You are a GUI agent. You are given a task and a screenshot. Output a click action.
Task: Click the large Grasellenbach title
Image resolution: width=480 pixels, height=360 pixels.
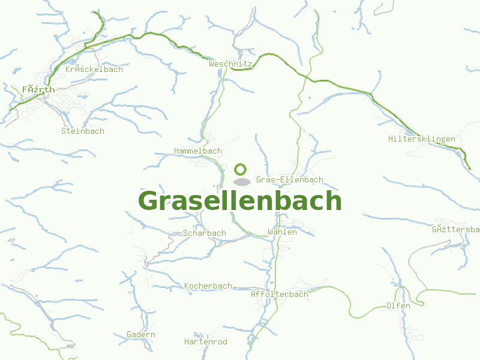[240, 201]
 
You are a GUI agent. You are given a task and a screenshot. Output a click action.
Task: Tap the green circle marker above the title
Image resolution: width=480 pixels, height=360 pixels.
[241, 169]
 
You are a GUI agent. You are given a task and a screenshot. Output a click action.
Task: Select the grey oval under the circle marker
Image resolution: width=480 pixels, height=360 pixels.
[241, 181]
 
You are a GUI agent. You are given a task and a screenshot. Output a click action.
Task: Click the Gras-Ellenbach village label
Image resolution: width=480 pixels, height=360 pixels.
[289, 179]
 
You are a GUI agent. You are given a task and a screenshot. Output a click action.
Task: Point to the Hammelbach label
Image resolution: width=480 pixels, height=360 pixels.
[197, 151]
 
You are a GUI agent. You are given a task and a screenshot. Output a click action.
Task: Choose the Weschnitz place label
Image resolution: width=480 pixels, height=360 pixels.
[231, 63]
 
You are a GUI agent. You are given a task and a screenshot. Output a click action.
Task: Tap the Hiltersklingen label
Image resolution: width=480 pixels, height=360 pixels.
[421, 139]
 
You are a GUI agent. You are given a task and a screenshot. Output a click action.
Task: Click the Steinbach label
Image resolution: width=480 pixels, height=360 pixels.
[82, 130]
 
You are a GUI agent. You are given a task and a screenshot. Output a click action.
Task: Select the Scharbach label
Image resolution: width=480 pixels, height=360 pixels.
[204, 233]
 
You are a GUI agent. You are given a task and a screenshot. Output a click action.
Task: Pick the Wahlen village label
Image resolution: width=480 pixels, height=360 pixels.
[282, 232]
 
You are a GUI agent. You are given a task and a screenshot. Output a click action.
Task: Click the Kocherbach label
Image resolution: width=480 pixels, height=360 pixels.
[208, 286]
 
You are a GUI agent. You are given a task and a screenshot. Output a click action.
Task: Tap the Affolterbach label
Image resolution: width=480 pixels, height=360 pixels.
[279, 294]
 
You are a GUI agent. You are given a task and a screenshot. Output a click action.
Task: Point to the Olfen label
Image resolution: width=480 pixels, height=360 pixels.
[398, 305]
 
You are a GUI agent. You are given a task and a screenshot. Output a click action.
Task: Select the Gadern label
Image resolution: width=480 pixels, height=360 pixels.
[140, 334]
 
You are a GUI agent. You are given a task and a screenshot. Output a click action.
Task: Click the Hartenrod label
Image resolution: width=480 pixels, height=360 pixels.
[205, 341]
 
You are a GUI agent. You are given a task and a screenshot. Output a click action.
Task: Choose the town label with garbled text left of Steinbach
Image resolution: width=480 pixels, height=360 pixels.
[38, 89]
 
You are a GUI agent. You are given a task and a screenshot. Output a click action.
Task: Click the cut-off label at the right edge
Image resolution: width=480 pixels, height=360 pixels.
[455, 229]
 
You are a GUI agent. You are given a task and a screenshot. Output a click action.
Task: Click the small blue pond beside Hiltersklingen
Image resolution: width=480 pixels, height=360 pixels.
[409, 131]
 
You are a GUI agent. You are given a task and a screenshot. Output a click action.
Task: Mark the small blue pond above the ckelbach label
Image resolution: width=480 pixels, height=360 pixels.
[72, 61]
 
